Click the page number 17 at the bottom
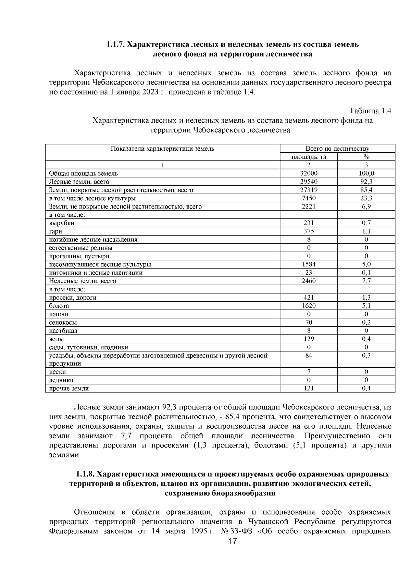[x=233, y=541]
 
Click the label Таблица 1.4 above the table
[x=370, y=111]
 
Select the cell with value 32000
[x=309, y=174]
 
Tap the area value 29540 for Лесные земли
[x=309, y=182]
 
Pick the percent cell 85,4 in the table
[x=366, y=190]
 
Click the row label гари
[x=55, y=231]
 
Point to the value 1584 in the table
[x=309, y=264]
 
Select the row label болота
[x=59, y=306]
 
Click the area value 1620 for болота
[x=309, y=306]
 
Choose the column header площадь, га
[x=309, y=157]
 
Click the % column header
[x=366, y=157]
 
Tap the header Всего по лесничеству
[x=337, y=149]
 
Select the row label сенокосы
[x=63, y=323]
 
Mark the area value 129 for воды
[x=309, y=339]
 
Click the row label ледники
[x=61, y=380]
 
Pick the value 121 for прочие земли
[x=309, y=388]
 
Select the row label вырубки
[x=62, y=223]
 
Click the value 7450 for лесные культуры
[x=309, y=198]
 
